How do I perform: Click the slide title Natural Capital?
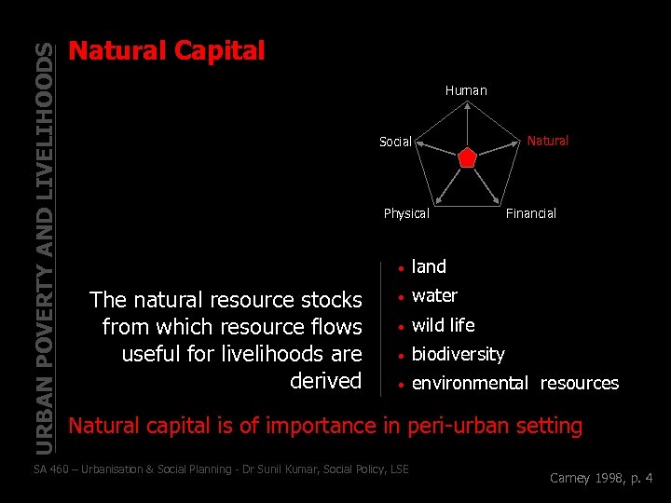click(168, 50)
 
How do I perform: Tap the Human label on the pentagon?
click(466, 90)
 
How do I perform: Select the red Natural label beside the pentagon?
click(547, 141)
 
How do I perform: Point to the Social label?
click(395, 142)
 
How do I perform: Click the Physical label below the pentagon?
click(406, 213)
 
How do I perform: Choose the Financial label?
click(530, 213)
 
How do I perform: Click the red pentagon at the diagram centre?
click(467, 157)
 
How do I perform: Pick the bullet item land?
click(429, 266)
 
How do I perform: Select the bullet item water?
click(434, 295)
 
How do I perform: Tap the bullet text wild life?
click(443, 325)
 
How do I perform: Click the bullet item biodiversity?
click(458, 354)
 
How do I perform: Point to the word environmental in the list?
click(471, 383)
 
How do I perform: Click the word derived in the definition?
click(325, 380)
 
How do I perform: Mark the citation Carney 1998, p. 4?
click(601, 479)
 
